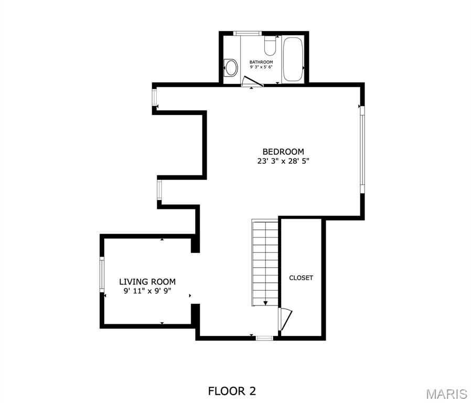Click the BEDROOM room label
point(283,152)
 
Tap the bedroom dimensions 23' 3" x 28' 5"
point(283,162)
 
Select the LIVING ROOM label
point(147,282)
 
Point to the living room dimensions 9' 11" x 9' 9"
point(147,291)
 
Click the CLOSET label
point(301,278)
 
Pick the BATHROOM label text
point(261,62)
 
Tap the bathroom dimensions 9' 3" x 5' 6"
point(261,67)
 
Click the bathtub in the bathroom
point(293,59)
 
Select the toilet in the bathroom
point(270,46)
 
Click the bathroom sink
point(230,67)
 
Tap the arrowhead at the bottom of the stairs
point(265,303)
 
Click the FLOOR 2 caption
point(232,391)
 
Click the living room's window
point(102,273)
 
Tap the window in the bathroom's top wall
point(248,34)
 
